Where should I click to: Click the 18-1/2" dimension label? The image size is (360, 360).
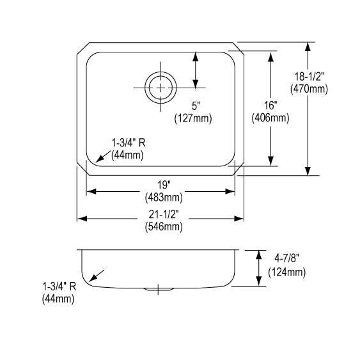tap(309, 77)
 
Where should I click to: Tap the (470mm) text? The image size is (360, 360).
tap(309, 89)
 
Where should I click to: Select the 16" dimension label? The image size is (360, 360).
tap(270, 106)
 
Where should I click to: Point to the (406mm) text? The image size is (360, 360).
tap(270, 118)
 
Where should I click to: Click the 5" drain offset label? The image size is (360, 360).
tap(196, 106)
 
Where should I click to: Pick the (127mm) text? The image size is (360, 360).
tap(193, 119)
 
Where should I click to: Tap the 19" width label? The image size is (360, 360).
tap(164, 185)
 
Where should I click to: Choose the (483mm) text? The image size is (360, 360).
tap(164, 198)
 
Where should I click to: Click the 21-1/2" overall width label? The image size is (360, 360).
tap(164, 214)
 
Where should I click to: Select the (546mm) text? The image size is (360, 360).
tap(164, 227)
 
